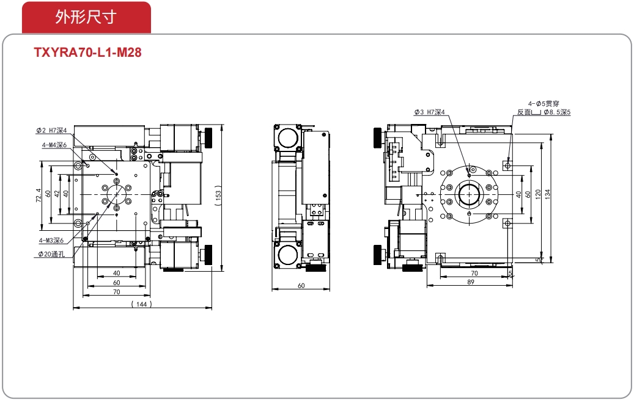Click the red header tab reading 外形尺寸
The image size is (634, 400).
(86, 17)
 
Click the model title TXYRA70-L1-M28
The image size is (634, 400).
(88, 53)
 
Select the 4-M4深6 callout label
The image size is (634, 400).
(54, 145)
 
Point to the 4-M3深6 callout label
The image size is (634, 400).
(51, 241)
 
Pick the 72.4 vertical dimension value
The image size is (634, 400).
(39, 195)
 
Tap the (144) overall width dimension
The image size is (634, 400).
(141, 304)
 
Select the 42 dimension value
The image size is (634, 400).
(57, 194)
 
